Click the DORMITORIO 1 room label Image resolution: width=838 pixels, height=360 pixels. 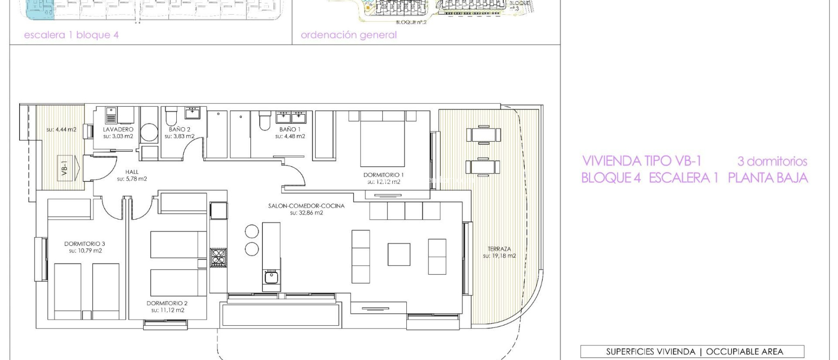(383, 175)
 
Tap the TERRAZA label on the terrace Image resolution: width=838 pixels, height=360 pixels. (499, 249)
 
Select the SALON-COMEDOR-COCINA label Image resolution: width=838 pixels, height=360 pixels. (306, 206)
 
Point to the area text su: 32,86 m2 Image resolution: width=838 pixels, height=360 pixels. (306, 213)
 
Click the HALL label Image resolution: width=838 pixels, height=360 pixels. (132, 172)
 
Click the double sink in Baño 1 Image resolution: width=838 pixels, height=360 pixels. (291, 117)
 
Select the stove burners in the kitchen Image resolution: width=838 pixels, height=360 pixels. (218, 257)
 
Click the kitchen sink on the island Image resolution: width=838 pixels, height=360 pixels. (271, 277)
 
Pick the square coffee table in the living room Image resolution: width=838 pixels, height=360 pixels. (399, 254)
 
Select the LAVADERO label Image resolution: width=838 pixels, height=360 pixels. (118, 129)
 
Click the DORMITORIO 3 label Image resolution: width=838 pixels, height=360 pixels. (85, 244)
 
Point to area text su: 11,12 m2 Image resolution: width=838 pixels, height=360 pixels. (168, 310)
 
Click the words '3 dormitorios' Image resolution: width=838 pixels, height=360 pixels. (772, 161)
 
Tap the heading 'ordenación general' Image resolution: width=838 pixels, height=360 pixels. (349, 35)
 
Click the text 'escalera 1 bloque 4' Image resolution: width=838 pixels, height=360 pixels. (71, 35)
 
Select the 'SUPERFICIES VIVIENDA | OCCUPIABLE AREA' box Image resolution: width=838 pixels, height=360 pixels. (692, 351)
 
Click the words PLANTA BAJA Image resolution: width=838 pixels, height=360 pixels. (768, 178)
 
